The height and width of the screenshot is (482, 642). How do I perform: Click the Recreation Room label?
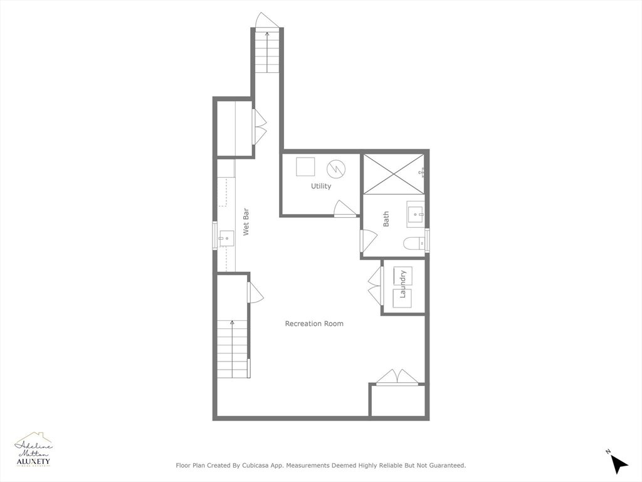[314, 324]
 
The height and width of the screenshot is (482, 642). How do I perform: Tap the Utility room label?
[321, 186]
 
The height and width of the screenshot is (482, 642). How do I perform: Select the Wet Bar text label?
[246, 222]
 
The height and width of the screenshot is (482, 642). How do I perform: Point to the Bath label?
[386, 218]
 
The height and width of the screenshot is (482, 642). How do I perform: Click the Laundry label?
[403, 284]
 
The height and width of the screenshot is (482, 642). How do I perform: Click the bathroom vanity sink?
[415, 215]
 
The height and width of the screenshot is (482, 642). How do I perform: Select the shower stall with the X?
[394, 173]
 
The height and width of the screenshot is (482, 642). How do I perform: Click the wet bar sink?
[226, 238]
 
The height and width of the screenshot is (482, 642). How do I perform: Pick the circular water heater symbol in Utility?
[335, 168]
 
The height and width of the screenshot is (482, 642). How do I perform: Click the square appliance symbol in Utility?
[305, 167]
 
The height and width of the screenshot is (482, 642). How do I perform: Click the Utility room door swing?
[344, 210]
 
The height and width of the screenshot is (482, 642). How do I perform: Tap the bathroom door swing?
[368, 240]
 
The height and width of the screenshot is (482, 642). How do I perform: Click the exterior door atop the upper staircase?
[267, 20]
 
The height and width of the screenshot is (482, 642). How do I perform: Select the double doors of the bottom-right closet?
[397, 377]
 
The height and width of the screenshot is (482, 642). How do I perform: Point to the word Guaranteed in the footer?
[445, 466]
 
